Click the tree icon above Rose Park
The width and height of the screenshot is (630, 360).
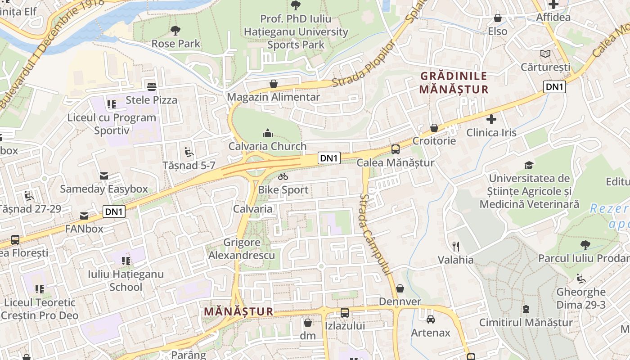[x=175, y=31]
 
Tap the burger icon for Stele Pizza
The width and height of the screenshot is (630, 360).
[x=152, y=86]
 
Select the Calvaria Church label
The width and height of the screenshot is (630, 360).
[x=267, y=146]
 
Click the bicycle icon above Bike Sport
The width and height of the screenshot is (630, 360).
[x=283, y=177]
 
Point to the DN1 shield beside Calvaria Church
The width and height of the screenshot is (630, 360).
[x=329, y=158]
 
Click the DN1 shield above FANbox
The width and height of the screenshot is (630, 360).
[x=114, y=211]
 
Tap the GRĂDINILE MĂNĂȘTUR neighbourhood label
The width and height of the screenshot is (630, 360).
[x=454, y=83]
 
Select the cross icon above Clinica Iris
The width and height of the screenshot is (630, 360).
[x=491, y=120]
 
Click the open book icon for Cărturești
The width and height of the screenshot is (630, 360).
[x=545, y=54]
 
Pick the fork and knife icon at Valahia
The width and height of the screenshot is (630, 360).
[x=456, y=246]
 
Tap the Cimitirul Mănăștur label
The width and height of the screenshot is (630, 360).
[x=526, y=322]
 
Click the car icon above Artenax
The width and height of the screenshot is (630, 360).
[x=431, y=319]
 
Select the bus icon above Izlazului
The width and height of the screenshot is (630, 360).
[x=345, y=312]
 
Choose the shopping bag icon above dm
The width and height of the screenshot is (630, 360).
[x=308, y=323]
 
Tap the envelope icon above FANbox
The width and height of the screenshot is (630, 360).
[x=84, y=216]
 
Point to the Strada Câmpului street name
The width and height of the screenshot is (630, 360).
[x=375, y=234]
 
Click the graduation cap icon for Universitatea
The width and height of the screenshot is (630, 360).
[x=529, y=165]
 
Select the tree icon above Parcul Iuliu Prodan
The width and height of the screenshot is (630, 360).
[x=585, y=245]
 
